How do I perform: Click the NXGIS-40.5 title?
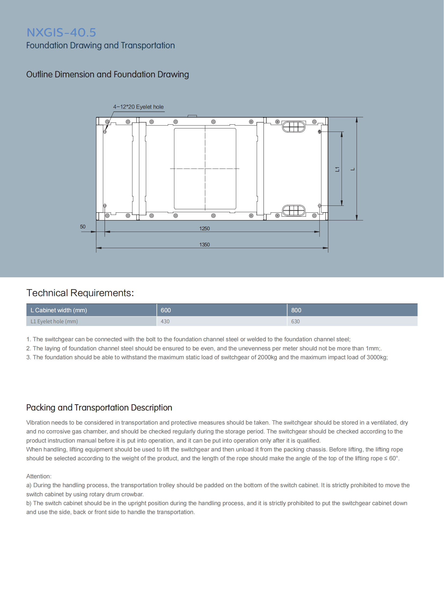tap(61, 33)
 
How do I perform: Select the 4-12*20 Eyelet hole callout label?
tap(138, 107)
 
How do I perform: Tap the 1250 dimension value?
tap(204, 228)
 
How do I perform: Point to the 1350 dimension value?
tap(204, 245)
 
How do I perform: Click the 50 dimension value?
tap(82, 227)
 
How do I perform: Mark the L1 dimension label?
tap(337, 169)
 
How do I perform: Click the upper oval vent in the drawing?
tap(293, 127)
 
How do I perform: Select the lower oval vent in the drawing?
tap(293, 210)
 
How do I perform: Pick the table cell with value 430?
tap(165, 321)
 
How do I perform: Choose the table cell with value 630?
tap(295, 321)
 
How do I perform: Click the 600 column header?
tap(166, 310)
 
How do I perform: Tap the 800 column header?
tap(296, 310)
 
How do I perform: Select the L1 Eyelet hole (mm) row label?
tap(54, 321)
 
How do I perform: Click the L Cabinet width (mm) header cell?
tap(59, 310)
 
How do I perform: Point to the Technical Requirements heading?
tap(80, 293)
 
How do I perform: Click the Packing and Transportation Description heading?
tap(99, 407)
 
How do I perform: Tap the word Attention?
tap(38, 476)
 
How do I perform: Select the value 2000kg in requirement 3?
tap(267, 357)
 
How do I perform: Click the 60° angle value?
tap(394, 458)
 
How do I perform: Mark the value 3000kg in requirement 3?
tap(378, 357)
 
